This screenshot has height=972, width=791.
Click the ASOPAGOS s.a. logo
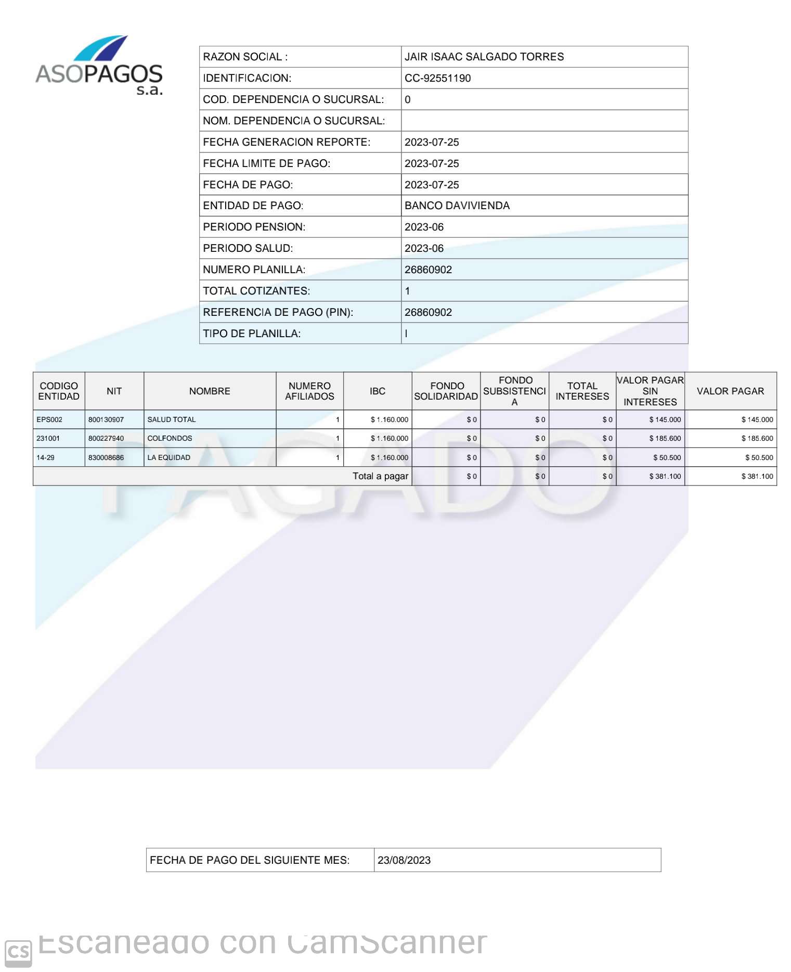tap(99, 66)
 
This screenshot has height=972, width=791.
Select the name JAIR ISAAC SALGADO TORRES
tap(484, 57)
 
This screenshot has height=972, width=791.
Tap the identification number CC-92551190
tap(437, 78)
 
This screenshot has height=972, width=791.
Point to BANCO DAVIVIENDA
tap(457, 206)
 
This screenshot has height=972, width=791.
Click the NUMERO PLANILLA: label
tap(254, 270)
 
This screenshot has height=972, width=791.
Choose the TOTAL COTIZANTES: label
tap(256, 291)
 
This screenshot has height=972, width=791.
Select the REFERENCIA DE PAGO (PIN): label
tap(278, 312)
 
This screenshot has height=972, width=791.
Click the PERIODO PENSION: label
tap(254, 227)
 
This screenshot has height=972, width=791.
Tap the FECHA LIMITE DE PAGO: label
tap(266, 163)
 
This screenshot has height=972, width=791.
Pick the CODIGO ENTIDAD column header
tap(59, 391)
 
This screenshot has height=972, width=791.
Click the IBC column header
tap(377, 391)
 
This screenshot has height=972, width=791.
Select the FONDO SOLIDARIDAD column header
tap(446, 391)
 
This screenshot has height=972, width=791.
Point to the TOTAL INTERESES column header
tap(582, 391)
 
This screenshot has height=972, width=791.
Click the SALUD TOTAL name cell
tap(172, 420)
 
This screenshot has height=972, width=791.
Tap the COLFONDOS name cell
tap(170, 439)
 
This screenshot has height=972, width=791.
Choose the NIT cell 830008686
tap(106, 458)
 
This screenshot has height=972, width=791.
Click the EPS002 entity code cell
tap(49, 420)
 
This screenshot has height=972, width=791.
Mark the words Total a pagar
tap(380, 476)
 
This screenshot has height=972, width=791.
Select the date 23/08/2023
tap(404, 860)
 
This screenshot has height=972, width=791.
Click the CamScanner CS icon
tap(18, 953)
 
